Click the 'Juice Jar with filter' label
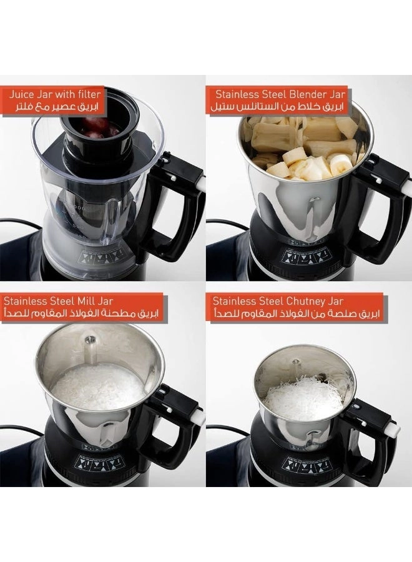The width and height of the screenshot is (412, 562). [x=55, y=95]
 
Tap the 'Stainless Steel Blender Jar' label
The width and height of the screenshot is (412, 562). [x=280, y=95]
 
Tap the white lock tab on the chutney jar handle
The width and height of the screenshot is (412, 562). [x=392, y=429]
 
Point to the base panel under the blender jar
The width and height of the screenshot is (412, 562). [x=306, y=256]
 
